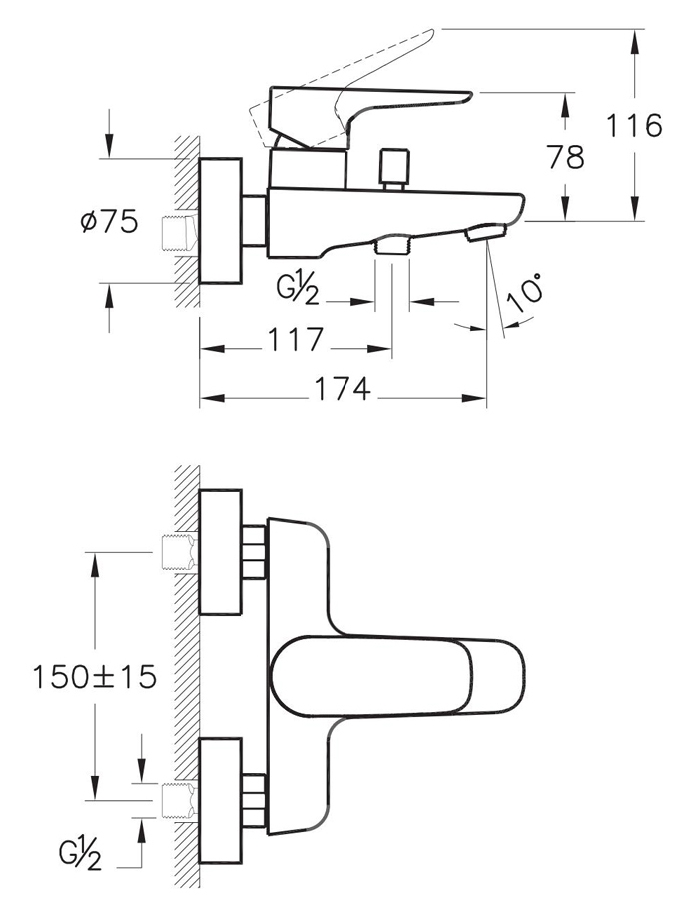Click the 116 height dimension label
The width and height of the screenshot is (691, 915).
pos(634,126)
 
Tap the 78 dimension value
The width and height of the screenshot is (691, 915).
pos(565,157)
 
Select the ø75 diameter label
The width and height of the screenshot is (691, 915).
pos(109,221)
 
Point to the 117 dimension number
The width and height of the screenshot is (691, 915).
pos(295,339)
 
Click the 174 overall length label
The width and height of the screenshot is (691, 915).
pos(343,389)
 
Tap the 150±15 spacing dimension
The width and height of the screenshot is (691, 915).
pos(95,677)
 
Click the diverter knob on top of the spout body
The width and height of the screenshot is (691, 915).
pos(394,169)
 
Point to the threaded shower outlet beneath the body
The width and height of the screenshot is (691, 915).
pos(391,244)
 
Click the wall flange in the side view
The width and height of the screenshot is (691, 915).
pos(221,221)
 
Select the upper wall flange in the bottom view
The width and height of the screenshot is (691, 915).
pos(221,552)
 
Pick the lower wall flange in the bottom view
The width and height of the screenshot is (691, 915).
pos(221,801)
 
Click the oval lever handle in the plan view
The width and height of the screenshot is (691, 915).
pos(398,675)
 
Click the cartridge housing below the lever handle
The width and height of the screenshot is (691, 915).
pos(308,168)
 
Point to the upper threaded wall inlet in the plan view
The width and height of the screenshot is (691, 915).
pos(179,552)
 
